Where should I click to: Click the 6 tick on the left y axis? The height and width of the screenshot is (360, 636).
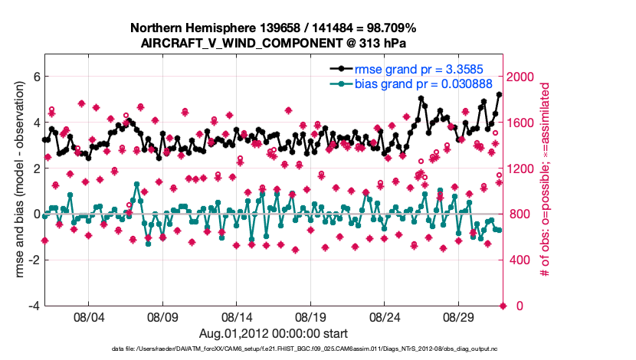pos(35,77)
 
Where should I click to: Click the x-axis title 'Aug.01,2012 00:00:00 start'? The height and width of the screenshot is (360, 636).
pos(274,333)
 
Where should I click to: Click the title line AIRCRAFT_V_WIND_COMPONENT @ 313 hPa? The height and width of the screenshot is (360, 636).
pos(274,44)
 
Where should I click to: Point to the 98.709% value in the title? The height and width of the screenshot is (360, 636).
pos(388,28)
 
